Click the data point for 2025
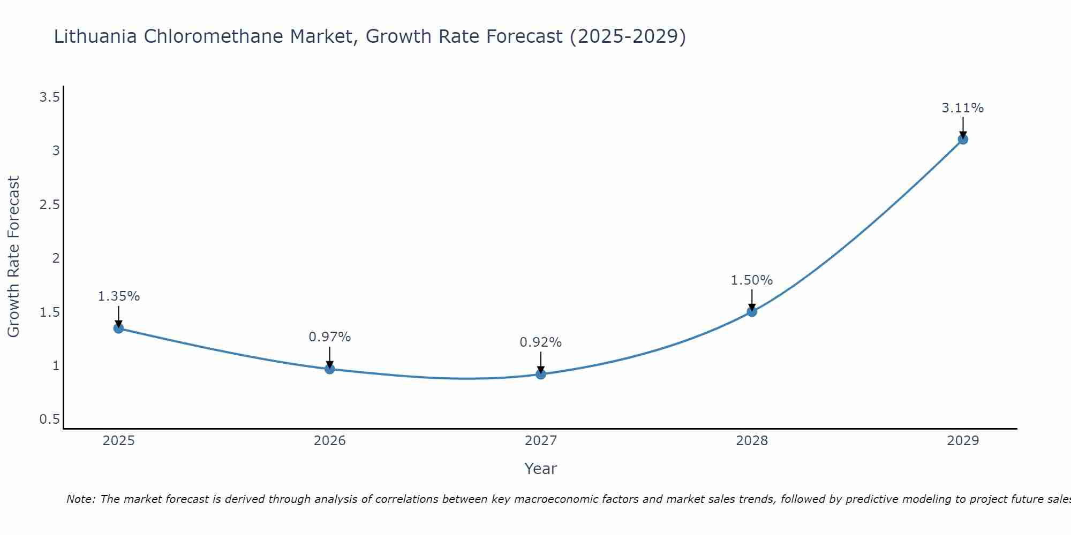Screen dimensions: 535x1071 pos(118,328)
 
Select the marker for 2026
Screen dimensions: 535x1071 pos(329,369)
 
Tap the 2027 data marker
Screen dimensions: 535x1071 pos(541,374)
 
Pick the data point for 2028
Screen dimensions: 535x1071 pos(752,311)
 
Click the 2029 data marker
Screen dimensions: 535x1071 pos(963,139)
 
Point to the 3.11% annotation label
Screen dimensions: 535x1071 pos(963,108)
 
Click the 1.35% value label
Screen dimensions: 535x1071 pos(118,296)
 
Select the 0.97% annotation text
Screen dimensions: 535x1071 pos(329,337)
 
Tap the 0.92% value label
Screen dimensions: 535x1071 pos(541,342)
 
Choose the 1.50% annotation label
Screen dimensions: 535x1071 pos(752,280)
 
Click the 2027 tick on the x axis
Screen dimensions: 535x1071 pos(541,441)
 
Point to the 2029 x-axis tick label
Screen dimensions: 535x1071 pos(963,441)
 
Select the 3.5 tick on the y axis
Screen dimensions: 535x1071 pos(49,97)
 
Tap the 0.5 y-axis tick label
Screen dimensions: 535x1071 pos(49,419)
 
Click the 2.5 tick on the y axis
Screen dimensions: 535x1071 pos(49,205)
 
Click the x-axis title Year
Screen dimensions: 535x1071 pos(541,469)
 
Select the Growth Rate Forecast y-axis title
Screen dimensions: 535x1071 pos(13,257)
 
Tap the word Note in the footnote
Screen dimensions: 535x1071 pos(80,499)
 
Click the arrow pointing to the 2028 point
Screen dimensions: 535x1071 pos(752,300)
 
